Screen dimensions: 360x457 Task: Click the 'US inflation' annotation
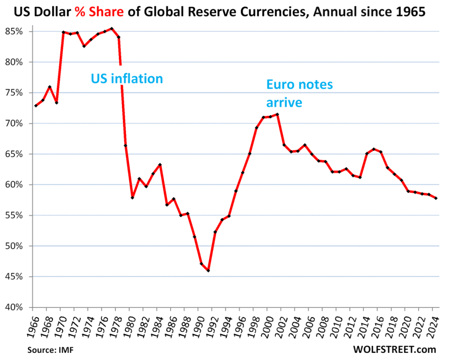tap(127, 79)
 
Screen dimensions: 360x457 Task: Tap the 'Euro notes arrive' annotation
tap(299, 93)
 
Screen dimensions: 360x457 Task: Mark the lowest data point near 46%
tap(208, 271)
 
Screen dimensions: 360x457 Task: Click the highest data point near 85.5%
tap(112, 29)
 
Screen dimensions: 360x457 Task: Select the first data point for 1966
tap(35, 106)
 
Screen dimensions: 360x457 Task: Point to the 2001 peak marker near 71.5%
tap(277, 114)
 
